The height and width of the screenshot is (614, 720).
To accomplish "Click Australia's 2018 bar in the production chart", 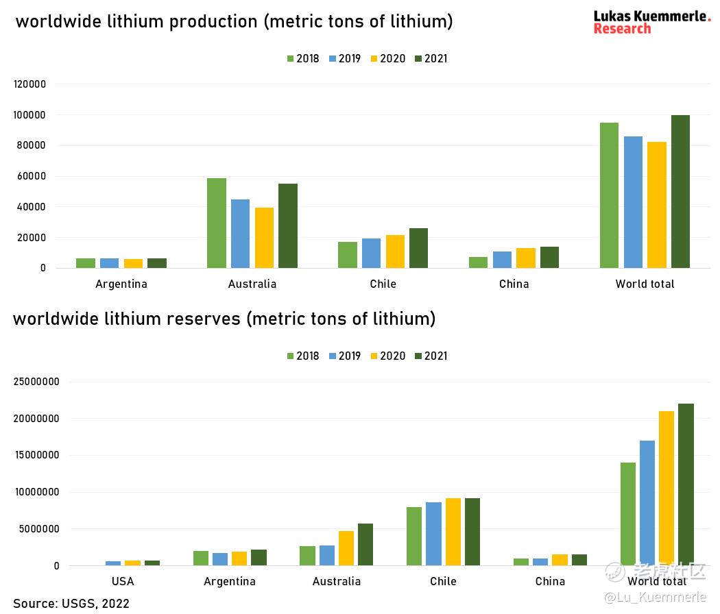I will click(x=217, y=223).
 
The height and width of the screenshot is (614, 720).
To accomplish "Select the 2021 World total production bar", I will click(x=680, y=192).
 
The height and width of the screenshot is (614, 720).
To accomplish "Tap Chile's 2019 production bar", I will click(x=372, y=253).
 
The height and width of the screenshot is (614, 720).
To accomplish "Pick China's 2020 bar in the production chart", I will click(x=526, y=258).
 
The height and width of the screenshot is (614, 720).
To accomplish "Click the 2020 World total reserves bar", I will click(x=666, y=488).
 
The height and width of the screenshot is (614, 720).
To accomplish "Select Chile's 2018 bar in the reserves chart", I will click(x=414, y=536).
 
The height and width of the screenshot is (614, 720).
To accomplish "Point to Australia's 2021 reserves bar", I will click(x=365, y=544).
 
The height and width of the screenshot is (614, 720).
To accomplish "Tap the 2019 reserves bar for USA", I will click(x=113, y=563).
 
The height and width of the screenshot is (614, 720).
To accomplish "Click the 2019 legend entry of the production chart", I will click(x=344, y=59).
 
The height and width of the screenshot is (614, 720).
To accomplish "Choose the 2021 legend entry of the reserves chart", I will click(x=431, y=356).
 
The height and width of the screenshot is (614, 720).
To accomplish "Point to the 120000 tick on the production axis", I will click(x=29, y=84).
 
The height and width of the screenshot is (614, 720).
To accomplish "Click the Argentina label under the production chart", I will click(x=121, y=284).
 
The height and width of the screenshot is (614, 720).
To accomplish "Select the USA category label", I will click(x=123, y=581).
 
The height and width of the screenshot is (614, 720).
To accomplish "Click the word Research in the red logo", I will click(x=622, y=29).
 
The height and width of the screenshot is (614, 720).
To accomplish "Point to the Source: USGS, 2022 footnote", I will click(x=71, y=603).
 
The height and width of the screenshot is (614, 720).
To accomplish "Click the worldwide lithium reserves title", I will click(x=224, y=319).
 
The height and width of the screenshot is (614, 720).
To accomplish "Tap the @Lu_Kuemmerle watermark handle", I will click(x=655, y=598).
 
